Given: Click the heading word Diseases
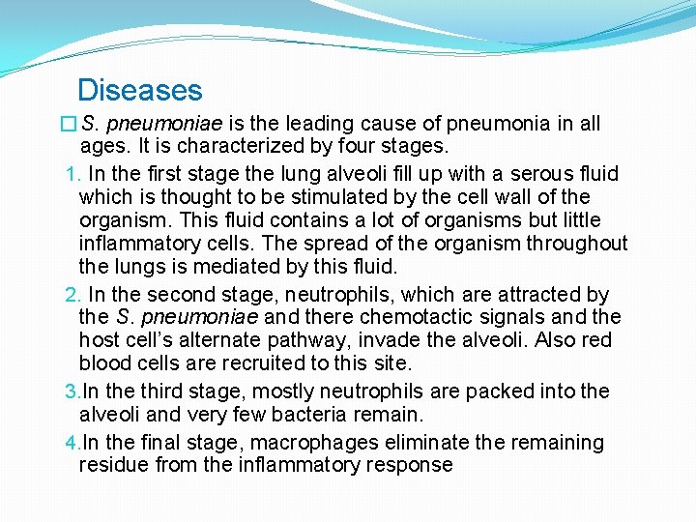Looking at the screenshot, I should tap(139, 90).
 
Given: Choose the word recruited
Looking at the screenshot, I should tap(292, 363).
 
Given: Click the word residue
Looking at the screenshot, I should tap(112, 465).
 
